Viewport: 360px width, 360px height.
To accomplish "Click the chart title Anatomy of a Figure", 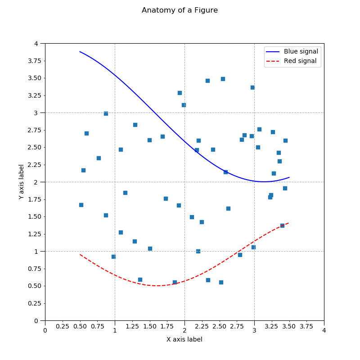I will tap(180, 10).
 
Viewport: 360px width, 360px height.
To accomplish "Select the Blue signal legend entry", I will tap(301, 52).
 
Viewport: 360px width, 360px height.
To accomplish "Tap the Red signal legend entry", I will tap(300, 61).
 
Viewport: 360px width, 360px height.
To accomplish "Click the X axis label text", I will tap(184, 339).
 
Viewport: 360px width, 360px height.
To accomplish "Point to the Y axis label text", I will tap(21, 182).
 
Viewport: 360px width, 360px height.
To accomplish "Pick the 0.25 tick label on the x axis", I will tap(62, 330).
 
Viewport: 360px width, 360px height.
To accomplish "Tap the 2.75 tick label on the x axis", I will tap(237, 330).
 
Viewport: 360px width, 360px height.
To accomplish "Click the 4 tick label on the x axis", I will tap(324, 330).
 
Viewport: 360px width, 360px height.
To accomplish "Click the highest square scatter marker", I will tap(223, 79).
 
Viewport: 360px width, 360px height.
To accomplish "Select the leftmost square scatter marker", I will tap(81, 205).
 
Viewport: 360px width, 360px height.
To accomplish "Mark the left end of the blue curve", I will tap(80, 52).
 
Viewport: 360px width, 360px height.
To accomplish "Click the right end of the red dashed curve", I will tap(289, 223).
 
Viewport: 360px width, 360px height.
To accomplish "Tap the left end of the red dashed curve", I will tap(80, 255).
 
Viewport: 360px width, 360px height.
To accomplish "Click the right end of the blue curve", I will tap(289, 177).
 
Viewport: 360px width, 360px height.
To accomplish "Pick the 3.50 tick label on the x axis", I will tap(289, 330).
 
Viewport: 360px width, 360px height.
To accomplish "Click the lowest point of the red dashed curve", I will tap(157, 286).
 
